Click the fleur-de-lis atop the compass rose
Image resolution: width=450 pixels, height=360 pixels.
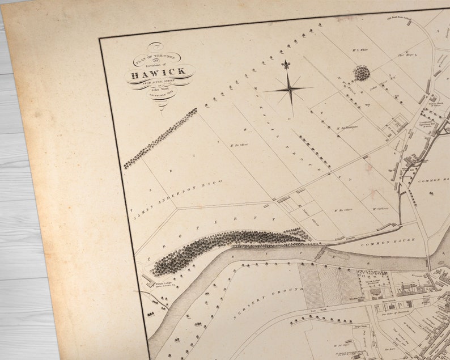pyautogui.click(x=286, y=65)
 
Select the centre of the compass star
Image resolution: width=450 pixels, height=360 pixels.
pyautogui.click(x=290, y=89)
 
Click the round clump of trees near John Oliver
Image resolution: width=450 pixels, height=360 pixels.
pyautogui.click(x=362, y=73)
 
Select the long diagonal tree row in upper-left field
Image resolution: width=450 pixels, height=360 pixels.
pyautogui.click(x=160, y=139)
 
